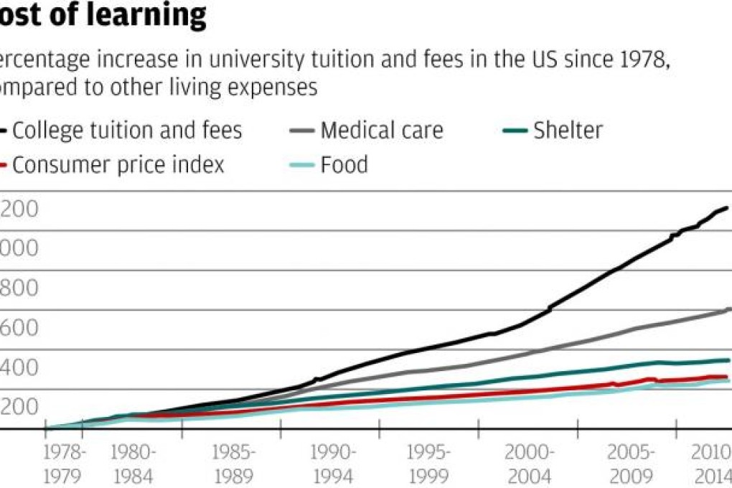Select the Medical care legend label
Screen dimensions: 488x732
(381, 131)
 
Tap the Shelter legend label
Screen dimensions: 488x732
(567, 131)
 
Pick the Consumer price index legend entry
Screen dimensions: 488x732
(118, 165)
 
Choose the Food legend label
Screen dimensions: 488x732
(344, 165)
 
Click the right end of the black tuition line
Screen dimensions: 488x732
(727, 208)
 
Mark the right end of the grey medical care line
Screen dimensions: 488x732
(728, 309)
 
